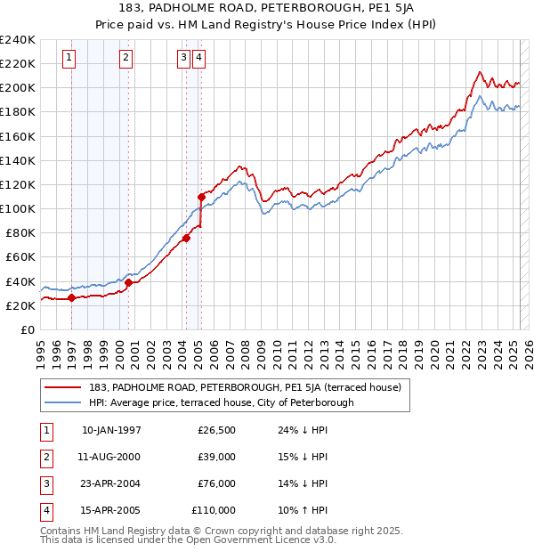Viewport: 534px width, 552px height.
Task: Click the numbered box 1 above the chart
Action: point(69,59)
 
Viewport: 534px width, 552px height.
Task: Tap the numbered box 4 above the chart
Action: point(198,59)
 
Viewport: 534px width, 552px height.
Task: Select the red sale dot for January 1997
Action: point(72,297)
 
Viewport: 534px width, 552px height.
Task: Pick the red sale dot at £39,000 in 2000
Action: point(128,282)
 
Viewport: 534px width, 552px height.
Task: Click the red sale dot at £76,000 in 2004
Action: point(187,238)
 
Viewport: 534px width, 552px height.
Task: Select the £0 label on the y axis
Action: point(27,329)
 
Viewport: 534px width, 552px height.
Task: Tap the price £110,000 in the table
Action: point(214,511)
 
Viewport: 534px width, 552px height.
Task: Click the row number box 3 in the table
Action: point(46,484)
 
